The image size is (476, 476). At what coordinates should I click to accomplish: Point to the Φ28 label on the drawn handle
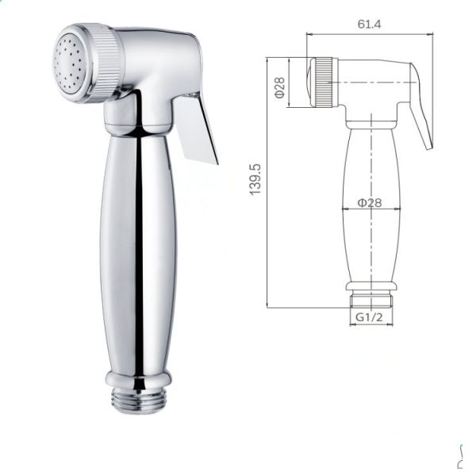pyautogui.click(x=370, y=202)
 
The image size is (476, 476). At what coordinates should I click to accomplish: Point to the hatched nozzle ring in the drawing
pyautogui.click(x=323, y=83)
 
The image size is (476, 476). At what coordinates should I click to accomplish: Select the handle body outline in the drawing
pyautogui.click(x=369, y=230)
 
